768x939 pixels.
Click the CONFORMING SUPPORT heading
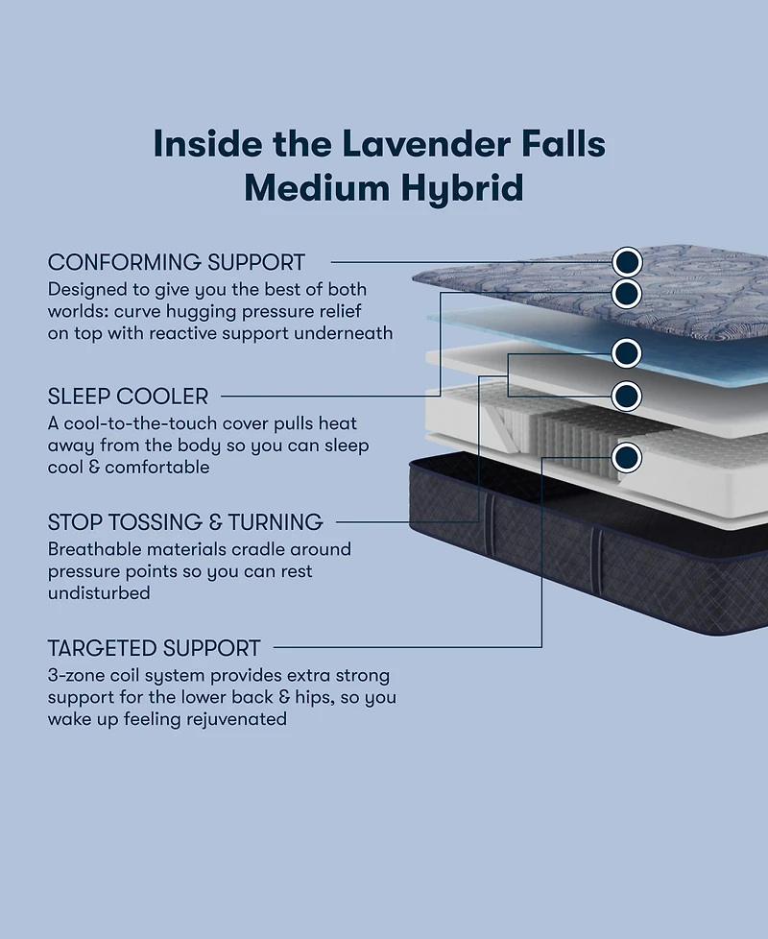point(177,262)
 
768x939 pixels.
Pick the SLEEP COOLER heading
point(128,396)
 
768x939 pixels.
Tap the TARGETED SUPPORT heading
point(154,648)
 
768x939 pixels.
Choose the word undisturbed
point(99,593)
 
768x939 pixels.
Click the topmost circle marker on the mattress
point(626,261)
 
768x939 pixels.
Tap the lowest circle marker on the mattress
point(626,456)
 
